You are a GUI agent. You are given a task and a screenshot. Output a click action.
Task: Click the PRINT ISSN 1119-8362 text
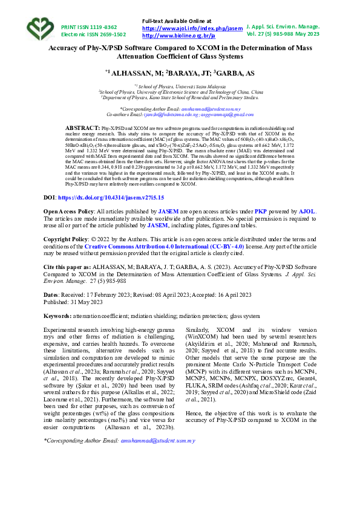pos(89,27)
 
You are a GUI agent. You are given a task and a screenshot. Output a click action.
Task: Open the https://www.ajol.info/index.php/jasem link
pos(192,28)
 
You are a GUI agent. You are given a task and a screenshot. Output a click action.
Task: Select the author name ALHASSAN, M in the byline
pos(134,73)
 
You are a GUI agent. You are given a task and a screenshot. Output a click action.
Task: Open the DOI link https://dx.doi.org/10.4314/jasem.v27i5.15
pos(111,198)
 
